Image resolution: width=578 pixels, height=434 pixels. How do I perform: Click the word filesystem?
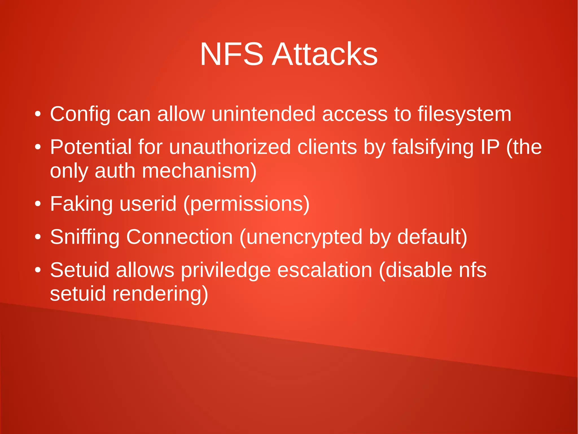pyautogui.click(x=464, y=114)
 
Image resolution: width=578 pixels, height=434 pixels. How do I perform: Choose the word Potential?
pyautogui.click(x=91, y=147)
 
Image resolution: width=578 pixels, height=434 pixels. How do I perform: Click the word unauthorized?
pyautogui.click(x=230, y=147)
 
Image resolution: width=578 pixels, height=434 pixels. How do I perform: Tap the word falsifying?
pyautogui.click(x=432, y=148)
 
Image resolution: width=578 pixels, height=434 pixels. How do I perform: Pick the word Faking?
pyautogui.click(x=81, y=204)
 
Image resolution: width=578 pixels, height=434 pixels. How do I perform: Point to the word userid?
pyautogui.click(x=148, y=204)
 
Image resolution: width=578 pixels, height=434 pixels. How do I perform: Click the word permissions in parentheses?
pyautogui.click(x=246, y=204)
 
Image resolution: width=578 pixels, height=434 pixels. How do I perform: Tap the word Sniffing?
pyautogui.click(x=85, y=237)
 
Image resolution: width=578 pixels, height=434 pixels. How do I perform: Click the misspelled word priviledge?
pyautogui.click(x=226, y=270)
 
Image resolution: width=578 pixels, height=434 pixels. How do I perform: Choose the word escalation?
pyautogui.click(x=325, y=270)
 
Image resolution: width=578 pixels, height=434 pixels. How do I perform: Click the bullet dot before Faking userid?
pyautogui.click(x=38, y=204)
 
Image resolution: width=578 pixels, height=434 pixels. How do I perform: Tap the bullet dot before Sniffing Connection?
pyautogui.click(x=38, y=237)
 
